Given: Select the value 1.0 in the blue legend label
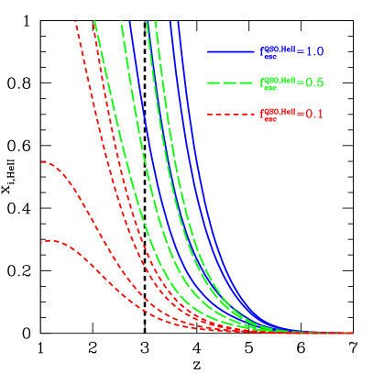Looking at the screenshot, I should click(x=313, y=51).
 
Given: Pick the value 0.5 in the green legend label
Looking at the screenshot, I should click(x=313, y=82).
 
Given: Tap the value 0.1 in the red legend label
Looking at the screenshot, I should click(x=313, y=115).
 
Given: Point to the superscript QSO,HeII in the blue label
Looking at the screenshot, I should click(x=280, y=48).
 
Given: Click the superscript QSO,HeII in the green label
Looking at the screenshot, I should click(x=280, y=79).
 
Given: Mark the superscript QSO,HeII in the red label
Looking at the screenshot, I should click(x=280, y=111).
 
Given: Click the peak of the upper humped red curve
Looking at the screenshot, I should click(x=43, y=162).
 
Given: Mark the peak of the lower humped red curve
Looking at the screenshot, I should click(x=46, y=241).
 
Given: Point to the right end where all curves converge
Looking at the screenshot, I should click(x=348, y=333).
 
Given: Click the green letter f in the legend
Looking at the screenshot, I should click(x=262, y=82).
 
